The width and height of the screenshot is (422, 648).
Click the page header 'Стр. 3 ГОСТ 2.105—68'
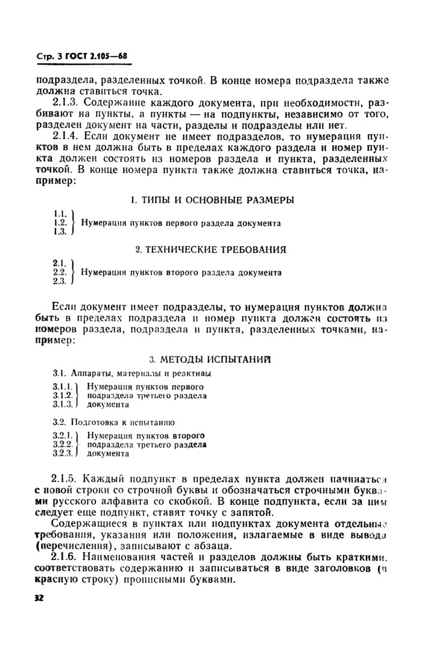coord(82,57)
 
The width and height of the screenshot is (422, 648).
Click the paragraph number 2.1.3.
coord(69,102)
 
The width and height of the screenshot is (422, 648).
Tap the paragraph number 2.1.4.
coord(69,137)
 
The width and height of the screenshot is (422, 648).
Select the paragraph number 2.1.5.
coord(69,479)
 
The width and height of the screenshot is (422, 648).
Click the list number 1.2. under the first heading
coord(60,222)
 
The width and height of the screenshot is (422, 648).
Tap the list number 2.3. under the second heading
coord(59,281)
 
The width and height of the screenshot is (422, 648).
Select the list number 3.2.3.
coord(63,453)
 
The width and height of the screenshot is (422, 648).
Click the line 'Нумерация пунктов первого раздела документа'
coord(181,223)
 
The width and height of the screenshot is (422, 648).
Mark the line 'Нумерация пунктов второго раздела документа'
coord(181,272)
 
